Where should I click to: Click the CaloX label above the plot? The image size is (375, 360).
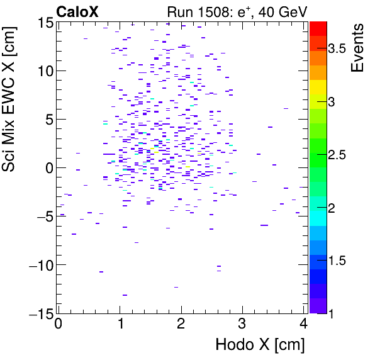[x=78, y=11]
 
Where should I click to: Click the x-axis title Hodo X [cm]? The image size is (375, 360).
[x=260, y=344]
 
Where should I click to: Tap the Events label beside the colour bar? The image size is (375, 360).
[x=359, y=48]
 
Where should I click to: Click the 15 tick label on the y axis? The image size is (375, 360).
[x=44, y=22]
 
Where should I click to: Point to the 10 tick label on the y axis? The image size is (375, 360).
[x=44, y=70]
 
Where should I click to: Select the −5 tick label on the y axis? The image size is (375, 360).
[x=42, y=217]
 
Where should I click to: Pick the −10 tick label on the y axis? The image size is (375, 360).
[x=39, y=265]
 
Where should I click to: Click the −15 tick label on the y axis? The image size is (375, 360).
[x=39, y=313]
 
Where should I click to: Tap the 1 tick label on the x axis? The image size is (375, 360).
[x=120, y=324]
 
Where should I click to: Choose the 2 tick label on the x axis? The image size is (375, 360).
[x=181, y=324]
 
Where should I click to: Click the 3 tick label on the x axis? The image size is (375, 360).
[x=243, y=324]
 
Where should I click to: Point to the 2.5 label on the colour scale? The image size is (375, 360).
[x=342, y=155]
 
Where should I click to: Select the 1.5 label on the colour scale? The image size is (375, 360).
[x=342, y=261]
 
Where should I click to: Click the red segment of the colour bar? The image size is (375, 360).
[x=318, y=28]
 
